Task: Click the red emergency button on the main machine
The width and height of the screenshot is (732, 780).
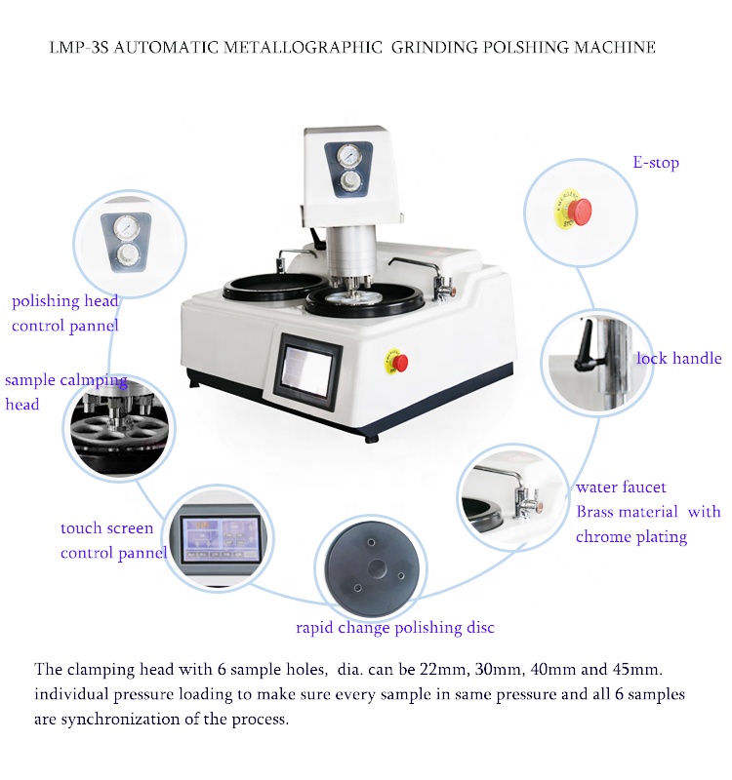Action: [400, 363]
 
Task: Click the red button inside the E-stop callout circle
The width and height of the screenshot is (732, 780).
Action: [581, 209]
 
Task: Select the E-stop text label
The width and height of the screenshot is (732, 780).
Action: [656, 163]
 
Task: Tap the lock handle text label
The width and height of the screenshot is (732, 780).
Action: [678, 359]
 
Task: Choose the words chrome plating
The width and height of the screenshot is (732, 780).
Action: [630, 536]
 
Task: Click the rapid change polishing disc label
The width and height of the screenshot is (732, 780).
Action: [395, 627]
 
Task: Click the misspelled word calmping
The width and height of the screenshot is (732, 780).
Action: [96, 380]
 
